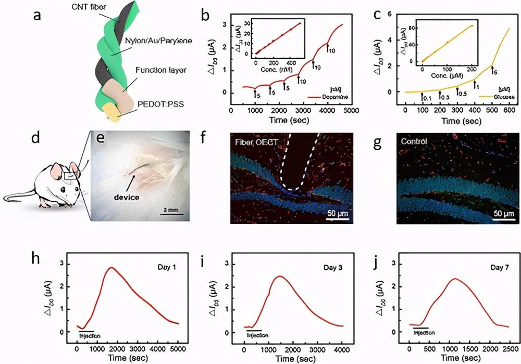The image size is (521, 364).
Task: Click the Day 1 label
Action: [x=167, y=267]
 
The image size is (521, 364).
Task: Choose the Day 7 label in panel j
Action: [x=490, y=267]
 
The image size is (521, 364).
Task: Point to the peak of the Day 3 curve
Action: [x=280, y=276]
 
